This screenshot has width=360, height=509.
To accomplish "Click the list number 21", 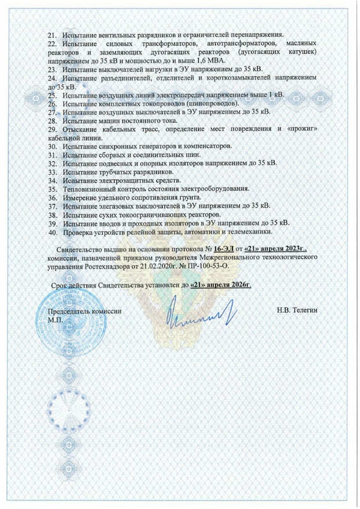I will (53, 36).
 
